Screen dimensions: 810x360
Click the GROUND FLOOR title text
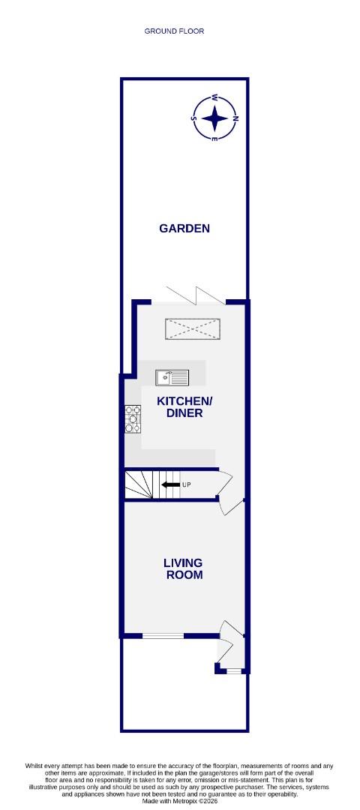pyautogui.click(x=174, y=31)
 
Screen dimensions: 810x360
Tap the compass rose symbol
pyautogui.click(x=214, y=118)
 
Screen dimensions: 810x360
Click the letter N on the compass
pyautogui.click(x=235, y=118)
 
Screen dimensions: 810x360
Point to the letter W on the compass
pyautogui.click(x=214, y=97)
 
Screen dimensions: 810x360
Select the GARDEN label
pyautogui.click(x=184, y=228)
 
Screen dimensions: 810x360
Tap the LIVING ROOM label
pyautogui.click(x=184, y=568)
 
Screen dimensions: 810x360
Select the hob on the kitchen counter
pyautogui.click(x=133, y=418)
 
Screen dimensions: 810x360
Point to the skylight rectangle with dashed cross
pyautogui.click(x=193, y=328)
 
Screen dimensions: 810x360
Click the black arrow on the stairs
pyautogui.click(x=170, y=485)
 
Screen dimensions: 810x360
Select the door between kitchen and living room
pyautogui.click(x=229, y=500)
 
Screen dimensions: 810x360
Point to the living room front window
pyautogui.click(x=163, y=636)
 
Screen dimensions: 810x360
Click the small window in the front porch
pyautogui.click(x=233, y=670)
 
